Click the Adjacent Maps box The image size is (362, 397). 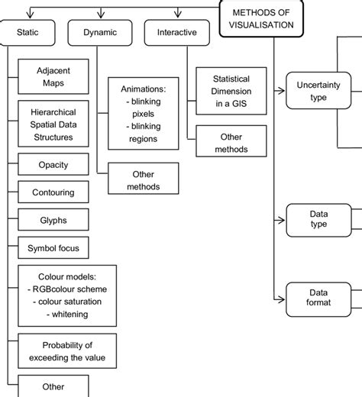53,77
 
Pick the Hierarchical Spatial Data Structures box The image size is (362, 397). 53,124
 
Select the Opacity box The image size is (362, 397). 53,164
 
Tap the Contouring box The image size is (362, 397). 53,192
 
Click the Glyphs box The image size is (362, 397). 53,220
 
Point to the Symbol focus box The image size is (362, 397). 53,248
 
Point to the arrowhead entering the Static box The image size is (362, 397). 30,17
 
